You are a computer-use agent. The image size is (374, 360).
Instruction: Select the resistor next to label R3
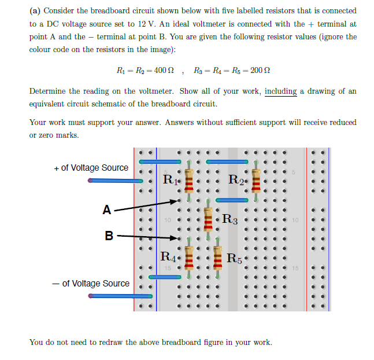pos(208,219)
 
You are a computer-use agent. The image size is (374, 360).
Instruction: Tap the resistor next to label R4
pos(188,258)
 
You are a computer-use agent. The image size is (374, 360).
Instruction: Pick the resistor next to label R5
pos(218,258)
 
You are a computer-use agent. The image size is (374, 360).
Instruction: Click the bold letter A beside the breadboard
pos(106,210)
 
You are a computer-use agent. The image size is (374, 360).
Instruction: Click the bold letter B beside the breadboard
pos(109,236)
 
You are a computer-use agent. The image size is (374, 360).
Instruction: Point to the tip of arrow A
pos(178,201)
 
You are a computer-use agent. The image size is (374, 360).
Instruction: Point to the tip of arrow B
pos(178,238)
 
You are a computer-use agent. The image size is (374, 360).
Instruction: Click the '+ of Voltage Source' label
pos(91,168)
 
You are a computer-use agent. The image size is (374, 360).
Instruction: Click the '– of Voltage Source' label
pos(91,284)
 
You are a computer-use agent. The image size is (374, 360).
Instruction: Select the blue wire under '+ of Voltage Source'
pos(116,181)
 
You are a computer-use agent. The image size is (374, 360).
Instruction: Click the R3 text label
pos(229,219)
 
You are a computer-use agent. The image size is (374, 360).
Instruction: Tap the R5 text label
pos(235,258)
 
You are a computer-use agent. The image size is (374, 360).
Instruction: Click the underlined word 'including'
pos(280,91)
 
